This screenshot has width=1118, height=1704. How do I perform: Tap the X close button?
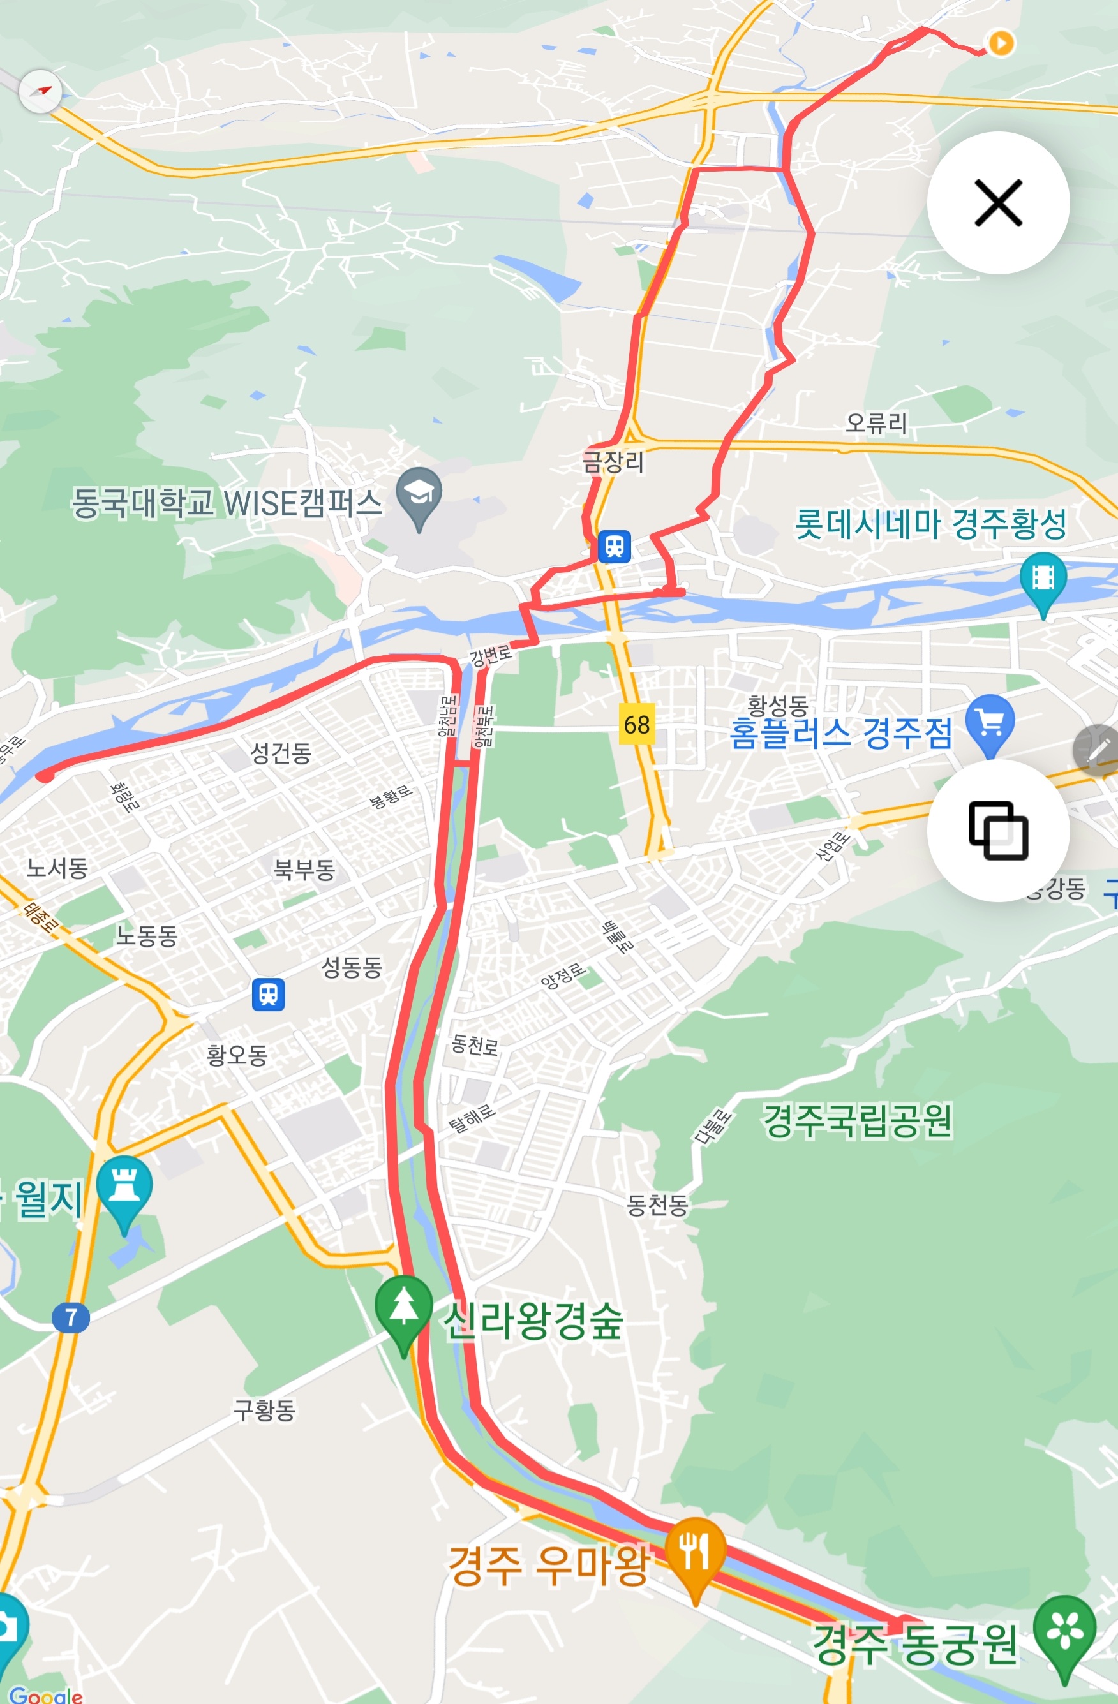pyautogui.click(x=997, y=203)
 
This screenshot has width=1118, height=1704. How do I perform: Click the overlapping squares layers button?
pyautogui.click(x=997, y=830)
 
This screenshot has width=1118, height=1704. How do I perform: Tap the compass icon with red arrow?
pyautogui.click(x=40, y=92)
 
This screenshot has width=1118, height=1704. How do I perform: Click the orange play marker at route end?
pyautogui.click(x=1001, y=43)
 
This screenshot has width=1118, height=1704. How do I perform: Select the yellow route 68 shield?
pyautogui.click(x=636, y=725)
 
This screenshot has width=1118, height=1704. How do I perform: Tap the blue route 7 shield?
pyautogui.click(x=70, y=1317)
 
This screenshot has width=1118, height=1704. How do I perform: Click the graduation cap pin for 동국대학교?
pyautogui.click(x=419, y=493)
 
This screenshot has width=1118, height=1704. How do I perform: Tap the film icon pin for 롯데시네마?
pyautogui.click(x=1043, y=579)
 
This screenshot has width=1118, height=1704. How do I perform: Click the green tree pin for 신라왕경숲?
pyautogui.click(x=403, y=1309)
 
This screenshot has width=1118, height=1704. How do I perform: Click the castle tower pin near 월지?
pyautogui.click(x=124, y=1187)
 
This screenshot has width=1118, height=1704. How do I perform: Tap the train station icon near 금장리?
pyautogui.click(x=615, y=546)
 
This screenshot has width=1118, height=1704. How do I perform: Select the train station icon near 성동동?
pyautogui.click(x=269, y=995)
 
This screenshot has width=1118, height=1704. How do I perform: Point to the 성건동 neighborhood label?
pyautogui.click(x=280, y=753)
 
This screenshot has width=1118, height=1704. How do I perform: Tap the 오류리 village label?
pyautogui.click(x=876, y=423)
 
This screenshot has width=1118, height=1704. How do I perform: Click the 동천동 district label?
pyautogui.click(x=657, y=1205)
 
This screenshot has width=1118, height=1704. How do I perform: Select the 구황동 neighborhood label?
pyautogui.click(x=264, y=1411)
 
